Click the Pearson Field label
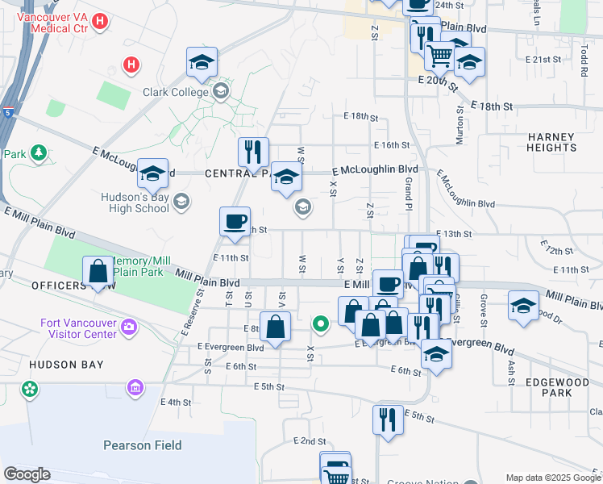click(142, 445)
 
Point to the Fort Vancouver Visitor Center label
click(78, 329)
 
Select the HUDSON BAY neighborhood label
click(66, 365)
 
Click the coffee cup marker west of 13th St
click(235, 221)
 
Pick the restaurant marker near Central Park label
click(253, 151)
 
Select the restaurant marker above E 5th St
click(388, 419)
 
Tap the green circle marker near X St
click(321, 325)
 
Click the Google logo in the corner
click(27, 474)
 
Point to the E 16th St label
click(392, 145)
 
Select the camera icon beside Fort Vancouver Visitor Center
click(129, 328)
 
